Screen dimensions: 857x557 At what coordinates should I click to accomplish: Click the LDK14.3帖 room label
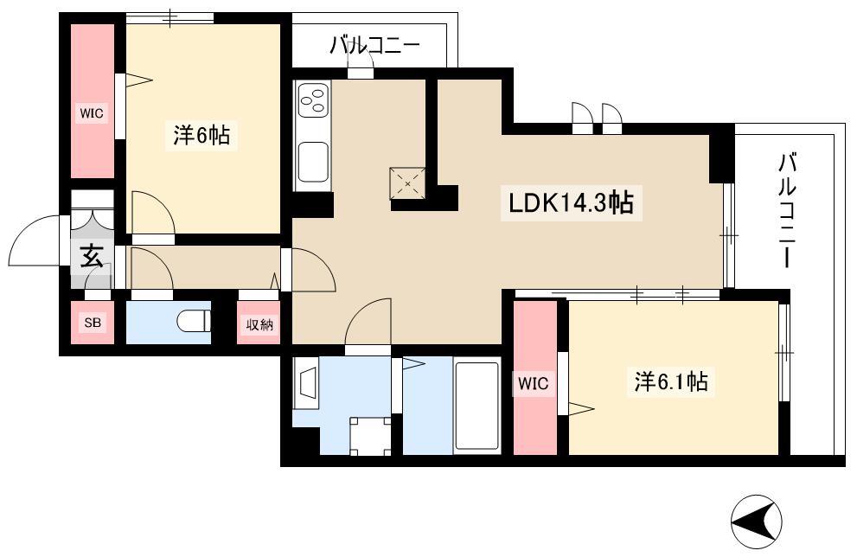click(x=571, y=203)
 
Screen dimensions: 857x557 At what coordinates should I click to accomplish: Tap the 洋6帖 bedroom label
click(x=201, y=135)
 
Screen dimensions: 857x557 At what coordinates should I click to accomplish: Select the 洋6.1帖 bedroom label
click(x=671, y=381)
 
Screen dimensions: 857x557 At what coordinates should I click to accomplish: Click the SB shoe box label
click(x=93, y=323)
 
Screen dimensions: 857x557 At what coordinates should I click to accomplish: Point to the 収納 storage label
click(x=259, y=325)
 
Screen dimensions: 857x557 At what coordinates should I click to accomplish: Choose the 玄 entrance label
click(x=92, y=256)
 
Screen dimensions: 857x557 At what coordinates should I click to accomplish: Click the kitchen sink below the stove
click(x=313, y=161)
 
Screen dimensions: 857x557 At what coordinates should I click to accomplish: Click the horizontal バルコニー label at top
click(x=375, y=46)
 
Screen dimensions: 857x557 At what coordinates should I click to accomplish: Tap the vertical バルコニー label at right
click(x=786, y=211)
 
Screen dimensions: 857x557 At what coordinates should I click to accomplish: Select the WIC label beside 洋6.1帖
click(x=534, y=383)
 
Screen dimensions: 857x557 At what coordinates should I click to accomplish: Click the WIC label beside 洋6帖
click(x=92, y=113)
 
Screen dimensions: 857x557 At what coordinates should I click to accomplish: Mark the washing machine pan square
click(x=371, y=436)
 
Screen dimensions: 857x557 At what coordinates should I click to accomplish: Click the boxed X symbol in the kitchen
click(x=407, y=183)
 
